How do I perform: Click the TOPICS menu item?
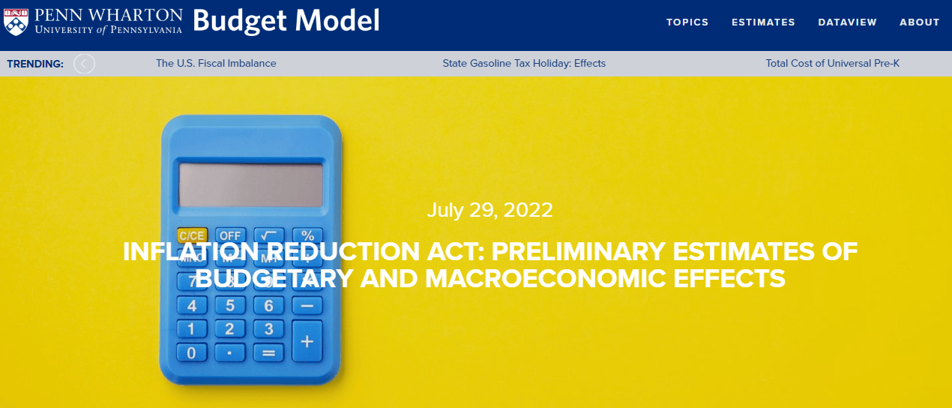click(687, 22)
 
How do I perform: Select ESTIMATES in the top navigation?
click(763, 22)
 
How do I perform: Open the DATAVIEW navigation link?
click(847, 22)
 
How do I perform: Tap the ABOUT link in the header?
click(919, 22)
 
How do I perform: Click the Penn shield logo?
click(16, 22)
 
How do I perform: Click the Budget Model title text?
click(286, 21)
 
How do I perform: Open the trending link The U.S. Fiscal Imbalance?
click(216, 64)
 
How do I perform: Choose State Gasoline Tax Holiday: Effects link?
click(524, 64)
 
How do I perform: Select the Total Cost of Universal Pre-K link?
click(833, 64)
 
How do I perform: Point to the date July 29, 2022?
click(489, 210)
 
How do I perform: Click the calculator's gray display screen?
click(251, 185)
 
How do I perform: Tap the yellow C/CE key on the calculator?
click(192, 235)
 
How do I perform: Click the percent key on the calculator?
click(307, 235)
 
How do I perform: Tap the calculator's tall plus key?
click(307, 341)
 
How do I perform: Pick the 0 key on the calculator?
click(192, 352)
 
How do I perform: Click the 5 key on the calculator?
click(230, 305)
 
